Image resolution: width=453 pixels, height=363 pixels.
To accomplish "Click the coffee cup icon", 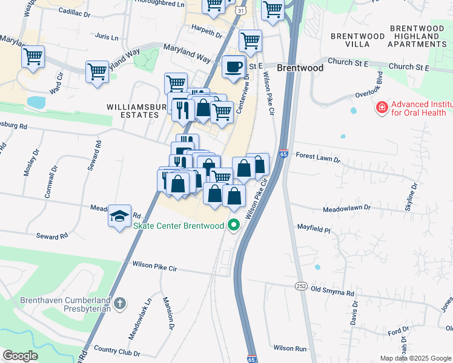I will [x=233, y=67].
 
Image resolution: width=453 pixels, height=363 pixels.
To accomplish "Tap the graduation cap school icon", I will [x=119, y=215].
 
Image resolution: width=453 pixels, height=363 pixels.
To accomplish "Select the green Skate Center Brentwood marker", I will [x=233, y=226].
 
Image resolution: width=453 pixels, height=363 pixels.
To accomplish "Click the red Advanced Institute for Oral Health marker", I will [x=382, y=108].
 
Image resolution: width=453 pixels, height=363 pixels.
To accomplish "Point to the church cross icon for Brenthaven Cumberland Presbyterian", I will [x=120, y=302].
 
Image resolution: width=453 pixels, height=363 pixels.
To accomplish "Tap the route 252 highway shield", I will [x=300, y=286].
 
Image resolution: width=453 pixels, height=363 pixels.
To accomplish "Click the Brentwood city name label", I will [x=300, y=68].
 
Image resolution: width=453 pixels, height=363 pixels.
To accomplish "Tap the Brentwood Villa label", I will [x=357, y=41].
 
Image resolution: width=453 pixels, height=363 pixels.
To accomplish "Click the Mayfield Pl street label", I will [x=313, y=230].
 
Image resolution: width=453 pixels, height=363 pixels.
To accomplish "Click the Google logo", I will [x=20, y=356].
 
